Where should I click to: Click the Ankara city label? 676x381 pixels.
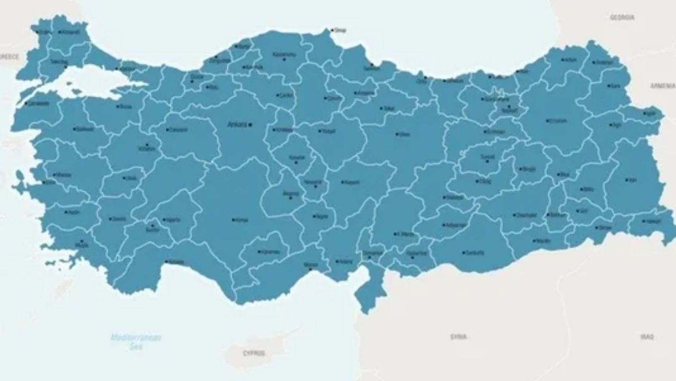pos(237,125)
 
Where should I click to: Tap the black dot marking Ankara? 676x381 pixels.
pos(250,125)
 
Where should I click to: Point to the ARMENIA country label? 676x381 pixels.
pos(662,85)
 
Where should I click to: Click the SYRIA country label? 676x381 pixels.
pos(458,337)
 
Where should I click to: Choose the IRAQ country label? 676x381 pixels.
pos(647,337)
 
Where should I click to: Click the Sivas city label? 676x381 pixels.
pos(405,134)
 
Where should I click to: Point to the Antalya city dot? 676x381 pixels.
pos(167,261)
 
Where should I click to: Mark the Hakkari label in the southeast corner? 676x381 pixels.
pos(653,221)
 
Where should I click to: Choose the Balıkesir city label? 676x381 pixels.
pos(85,129)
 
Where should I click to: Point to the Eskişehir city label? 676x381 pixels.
pos(178,130)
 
